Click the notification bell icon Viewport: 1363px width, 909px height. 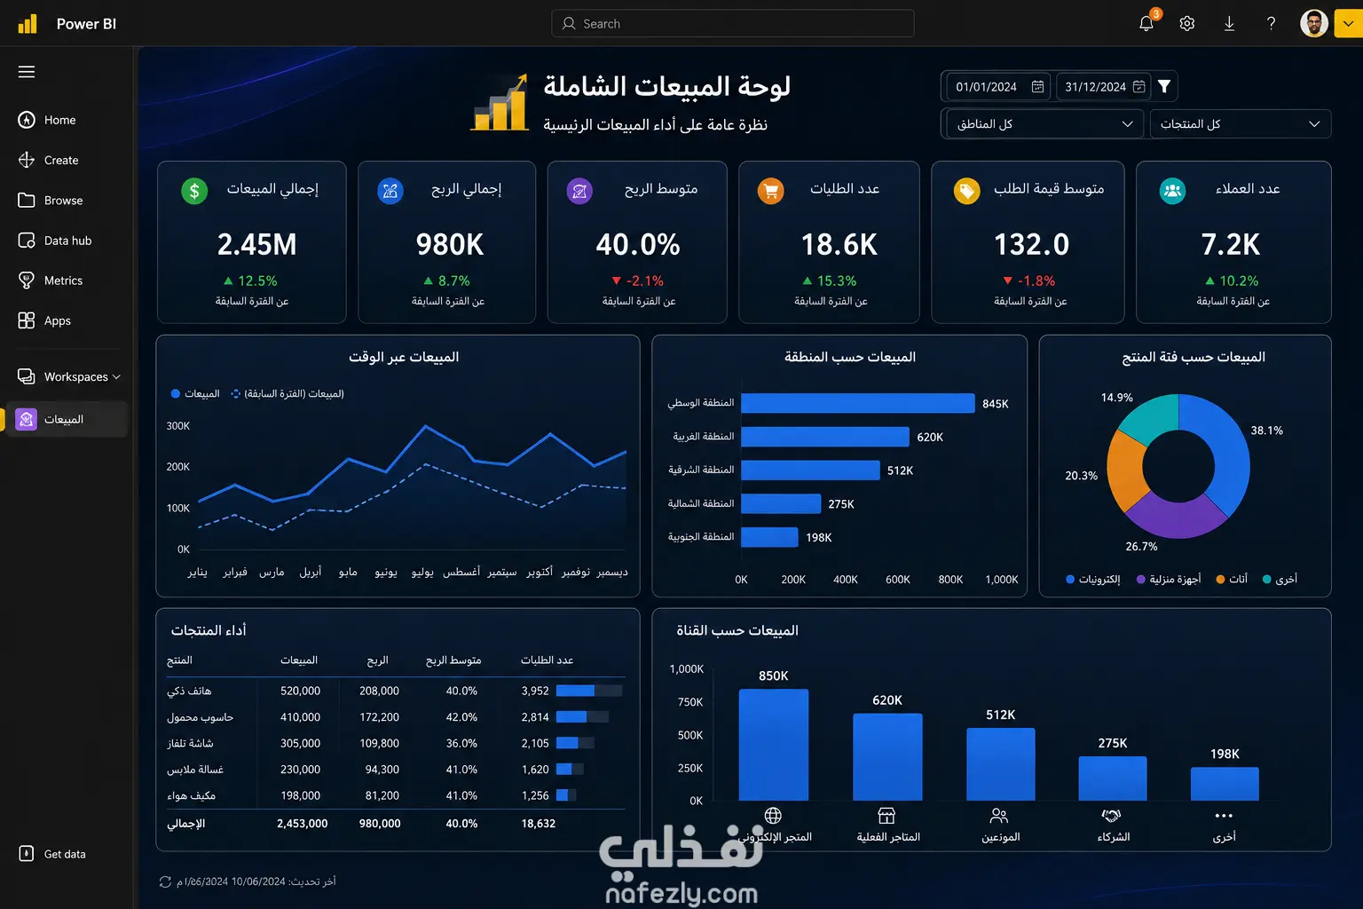click(1146, 24)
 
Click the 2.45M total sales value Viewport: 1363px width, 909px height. click(256, 244)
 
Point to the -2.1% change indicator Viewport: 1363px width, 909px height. click(637, 281)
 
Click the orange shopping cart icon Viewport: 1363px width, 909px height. click(770, 191)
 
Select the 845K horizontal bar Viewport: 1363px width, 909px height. click(858, 403)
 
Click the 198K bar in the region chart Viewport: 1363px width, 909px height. click(769, 537)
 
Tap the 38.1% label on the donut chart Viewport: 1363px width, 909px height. click(1266, 431)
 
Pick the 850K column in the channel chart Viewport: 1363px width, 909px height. click(774, 745)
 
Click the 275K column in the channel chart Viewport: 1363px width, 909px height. click(1112, 779)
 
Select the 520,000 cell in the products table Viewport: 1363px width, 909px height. click(300, 691)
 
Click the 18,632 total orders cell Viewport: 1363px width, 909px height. click(538, 823)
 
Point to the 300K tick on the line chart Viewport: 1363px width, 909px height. click(177, 425)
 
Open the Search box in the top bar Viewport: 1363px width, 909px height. click(732, 24)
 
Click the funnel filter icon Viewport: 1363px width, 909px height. click(1164, 86)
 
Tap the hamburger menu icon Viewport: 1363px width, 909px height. click(26, 72)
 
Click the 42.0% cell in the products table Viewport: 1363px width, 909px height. click(461, 716)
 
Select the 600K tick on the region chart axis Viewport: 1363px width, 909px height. click(897, 579)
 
